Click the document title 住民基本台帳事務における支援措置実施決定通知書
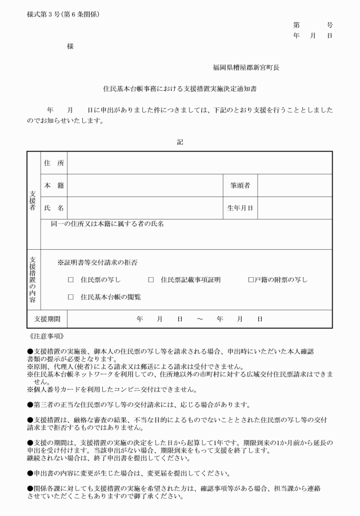pyautogui.click(x=179, y=89)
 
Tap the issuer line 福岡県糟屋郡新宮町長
pyautogui.click(x=246, y=67)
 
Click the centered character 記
pyautogui.click(x=180, y=141)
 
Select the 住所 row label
pyautogui.click(x=54, y=163)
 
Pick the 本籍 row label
pyautogui.click(x=54, y=185)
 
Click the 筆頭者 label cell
pyautogui.click(x=240, y=185)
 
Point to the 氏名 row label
pyautogui.click(x=54, y=207)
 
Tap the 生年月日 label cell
pyautogui.click(x=240, y=207)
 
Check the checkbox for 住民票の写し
pyautogui.click(x=71, y=280)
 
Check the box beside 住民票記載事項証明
pyautogui.click(x=151, y=280)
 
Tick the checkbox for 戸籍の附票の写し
pyautogui.click(x=251, y=280)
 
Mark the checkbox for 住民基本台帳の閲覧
pyautogui.click(x=71, y=297)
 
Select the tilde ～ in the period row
pyautogui.click(x=199, y=318)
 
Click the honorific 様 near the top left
pyautogui.click(x=70, y=46)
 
